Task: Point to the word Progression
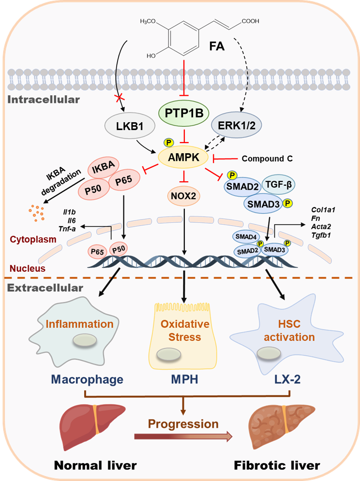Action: point(183,424)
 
